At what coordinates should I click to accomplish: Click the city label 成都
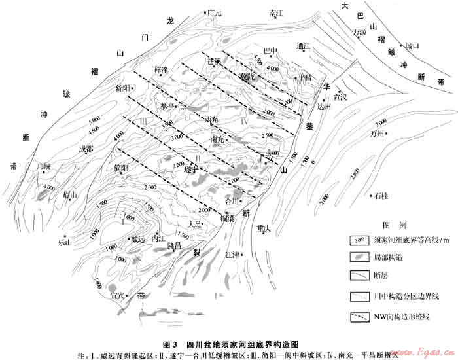click(x=86, y=149)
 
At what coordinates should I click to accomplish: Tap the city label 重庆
click(x=264, y=228)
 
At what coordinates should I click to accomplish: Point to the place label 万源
click(x=359, y=31)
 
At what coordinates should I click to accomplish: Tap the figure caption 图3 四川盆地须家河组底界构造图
click(x=229, y=344)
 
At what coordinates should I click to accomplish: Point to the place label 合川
click(x=232, y=201)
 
